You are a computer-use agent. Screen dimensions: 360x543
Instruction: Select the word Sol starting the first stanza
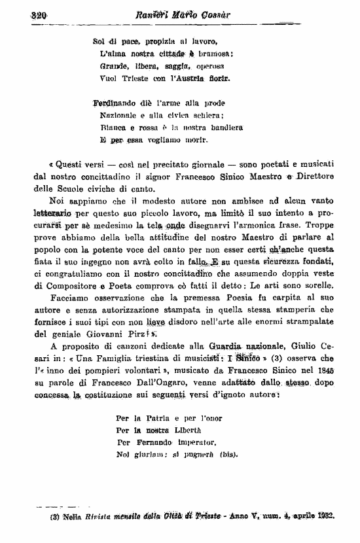(100, 42)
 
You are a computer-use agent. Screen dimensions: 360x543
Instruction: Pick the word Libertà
(192, 430)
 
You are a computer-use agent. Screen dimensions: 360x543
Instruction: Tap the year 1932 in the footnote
(325, 515)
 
